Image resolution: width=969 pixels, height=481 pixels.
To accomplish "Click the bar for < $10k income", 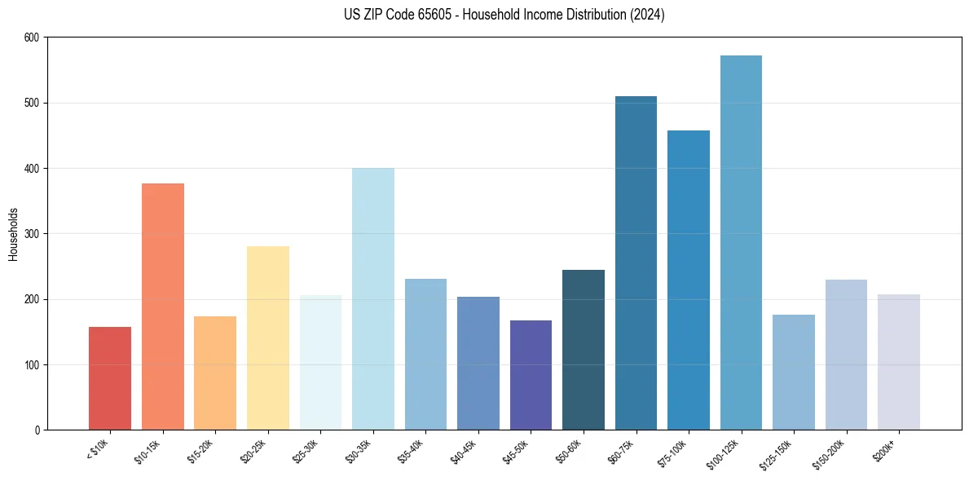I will click(110, 378).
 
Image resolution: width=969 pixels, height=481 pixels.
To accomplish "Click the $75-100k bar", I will click(689, 280).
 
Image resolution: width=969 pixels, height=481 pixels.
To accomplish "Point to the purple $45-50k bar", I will click(531, 375).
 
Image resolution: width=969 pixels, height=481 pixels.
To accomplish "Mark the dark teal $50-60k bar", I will click(584, 350).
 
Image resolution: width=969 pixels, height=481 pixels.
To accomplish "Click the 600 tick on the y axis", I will click(32, 38).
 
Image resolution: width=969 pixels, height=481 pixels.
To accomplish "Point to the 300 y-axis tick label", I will click(32, 234).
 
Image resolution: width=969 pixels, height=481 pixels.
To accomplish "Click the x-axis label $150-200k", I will click(830, 452).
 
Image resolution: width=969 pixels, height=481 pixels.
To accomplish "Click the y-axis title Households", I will click(13, 234).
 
